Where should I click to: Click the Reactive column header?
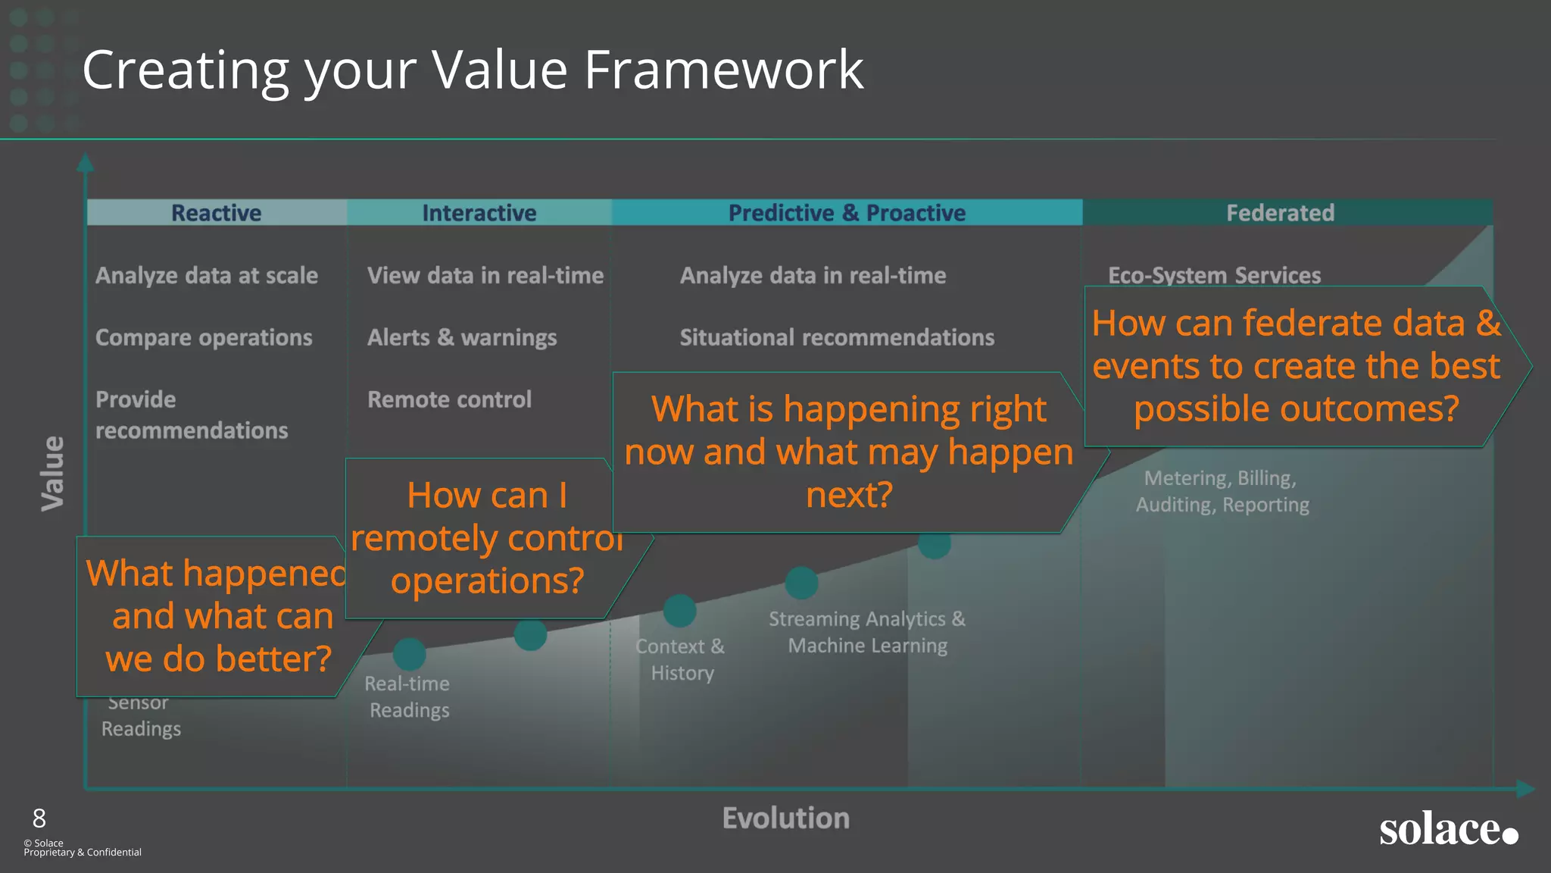(216, 213)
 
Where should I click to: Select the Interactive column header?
(479, 213)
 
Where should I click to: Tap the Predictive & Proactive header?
(847, 213)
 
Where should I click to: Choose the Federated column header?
(1280, 213)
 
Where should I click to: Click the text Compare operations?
(204, 337)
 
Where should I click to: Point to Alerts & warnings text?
(462, 337)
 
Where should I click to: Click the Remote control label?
(449, 399)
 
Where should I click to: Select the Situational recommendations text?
(837, 337)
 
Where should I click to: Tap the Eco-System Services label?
(1214, 275)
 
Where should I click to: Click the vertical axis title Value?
(53, 474)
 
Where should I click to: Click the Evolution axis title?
(785, 818)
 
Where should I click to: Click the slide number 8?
(39, 818)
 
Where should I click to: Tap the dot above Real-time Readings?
(410, 654)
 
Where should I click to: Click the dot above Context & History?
(679, 611)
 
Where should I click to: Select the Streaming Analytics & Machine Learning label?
(867, 632)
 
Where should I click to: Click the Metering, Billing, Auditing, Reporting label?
(1222, 491)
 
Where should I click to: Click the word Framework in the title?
(723, 70)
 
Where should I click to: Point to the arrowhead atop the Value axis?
(86, 161)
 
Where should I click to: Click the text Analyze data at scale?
(207, 275)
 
